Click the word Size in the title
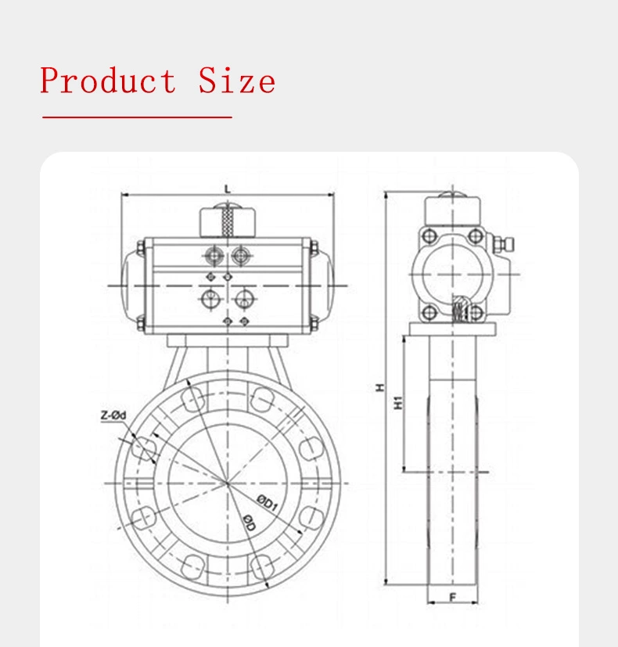pos(236,81)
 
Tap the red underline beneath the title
pos(137,117)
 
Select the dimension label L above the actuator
pos(227,189)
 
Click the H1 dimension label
pos(397,403)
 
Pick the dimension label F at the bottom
pos(452,598)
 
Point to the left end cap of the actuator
pos(130,285)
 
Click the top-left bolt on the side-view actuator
pos(429,235)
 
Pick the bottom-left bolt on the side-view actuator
pos(429,313)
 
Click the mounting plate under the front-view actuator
pos(226,341)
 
